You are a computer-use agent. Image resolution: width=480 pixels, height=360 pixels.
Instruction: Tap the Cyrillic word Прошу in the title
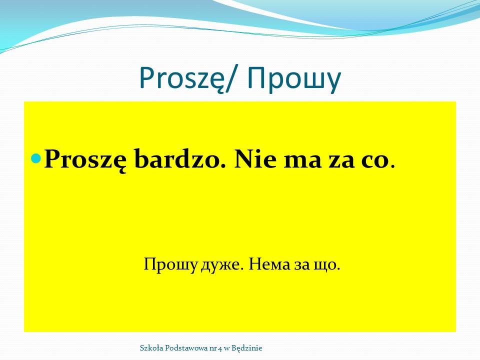click(294, 79)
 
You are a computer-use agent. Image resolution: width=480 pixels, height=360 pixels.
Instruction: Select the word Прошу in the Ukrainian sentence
click(170, 264)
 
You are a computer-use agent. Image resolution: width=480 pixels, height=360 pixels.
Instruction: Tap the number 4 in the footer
click(219, 348)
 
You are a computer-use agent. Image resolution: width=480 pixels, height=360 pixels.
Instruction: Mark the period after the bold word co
click(393, 166)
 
